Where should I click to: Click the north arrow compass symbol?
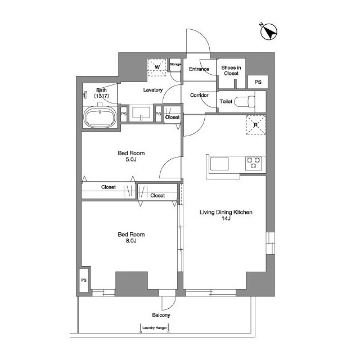click(x=269, y=31)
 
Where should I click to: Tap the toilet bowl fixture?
click(x=244, y=101)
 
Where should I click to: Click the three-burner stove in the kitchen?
click(x=253, y=163)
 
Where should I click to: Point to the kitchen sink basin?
click(x=219, y=164)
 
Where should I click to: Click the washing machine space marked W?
click(x=157, y=67)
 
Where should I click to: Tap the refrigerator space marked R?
click(x=256, y=125)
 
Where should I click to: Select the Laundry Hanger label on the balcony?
click(x=155, y=328)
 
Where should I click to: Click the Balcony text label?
click(x=161, y=315)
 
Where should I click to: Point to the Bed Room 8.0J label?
click(x=131, y=237)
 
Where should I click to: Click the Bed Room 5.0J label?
click(x=131, y=156)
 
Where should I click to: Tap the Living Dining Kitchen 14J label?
click(x=226, y=215)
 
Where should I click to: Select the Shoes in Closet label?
click(x=231, y=70)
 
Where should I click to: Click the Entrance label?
click(x=199, y=69)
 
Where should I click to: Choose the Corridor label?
click(x=199, y=95)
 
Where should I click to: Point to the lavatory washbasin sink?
click(x=141, y=113)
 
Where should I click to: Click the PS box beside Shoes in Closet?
click(x=258, y=82)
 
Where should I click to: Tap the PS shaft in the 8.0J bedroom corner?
click(x=84, y=280)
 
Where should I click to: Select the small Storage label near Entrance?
click(x=175, y=64)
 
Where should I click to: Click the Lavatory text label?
click(x=153, y=90)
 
